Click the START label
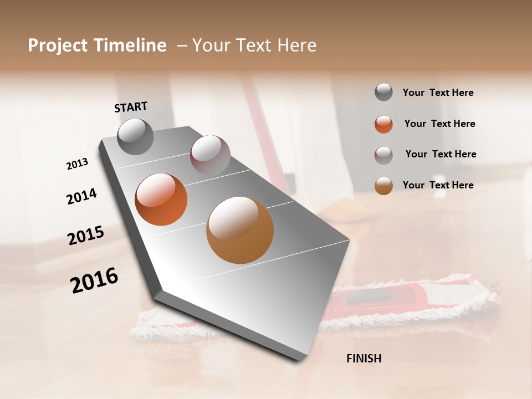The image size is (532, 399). tap(131, 107)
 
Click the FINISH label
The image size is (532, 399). tap(364, 359)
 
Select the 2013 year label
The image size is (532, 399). tap(78, 164)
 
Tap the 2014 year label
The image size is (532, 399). tap(81, 196)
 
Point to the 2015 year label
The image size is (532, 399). tap(86, 236)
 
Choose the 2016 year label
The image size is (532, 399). tap(94, 280)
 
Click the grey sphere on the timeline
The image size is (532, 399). tap(136, 136)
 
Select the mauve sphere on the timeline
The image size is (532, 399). tap(210, 155)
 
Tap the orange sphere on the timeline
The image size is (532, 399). tap(161, 199)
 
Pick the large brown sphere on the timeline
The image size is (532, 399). tap(240, 230)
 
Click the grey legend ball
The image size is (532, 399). tap(383, 93)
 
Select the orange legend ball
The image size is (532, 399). tap(383, 124)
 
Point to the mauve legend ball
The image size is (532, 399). tap(383, 155)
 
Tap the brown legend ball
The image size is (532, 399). tap(383, 186)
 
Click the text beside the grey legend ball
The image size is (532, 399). tap(438, 93)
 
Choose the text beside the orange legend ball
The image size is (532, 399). tap(439, 124)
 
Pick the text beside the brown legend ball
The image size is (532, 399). tap(438, 185)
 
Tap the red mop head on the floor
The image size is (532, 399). tap(388, 299)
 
